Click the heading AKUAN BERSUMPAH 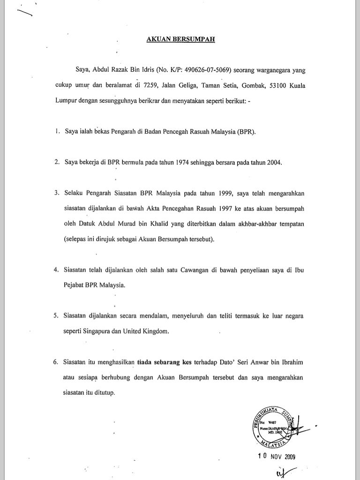[180, 39]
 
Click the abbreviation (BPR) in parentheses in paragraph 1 [247, 132]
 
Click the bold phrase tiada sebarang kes [159, 361]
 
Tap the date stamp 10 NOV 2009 [277, 457]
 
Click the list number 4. [56, 270]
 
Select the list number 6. [56, 361]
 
